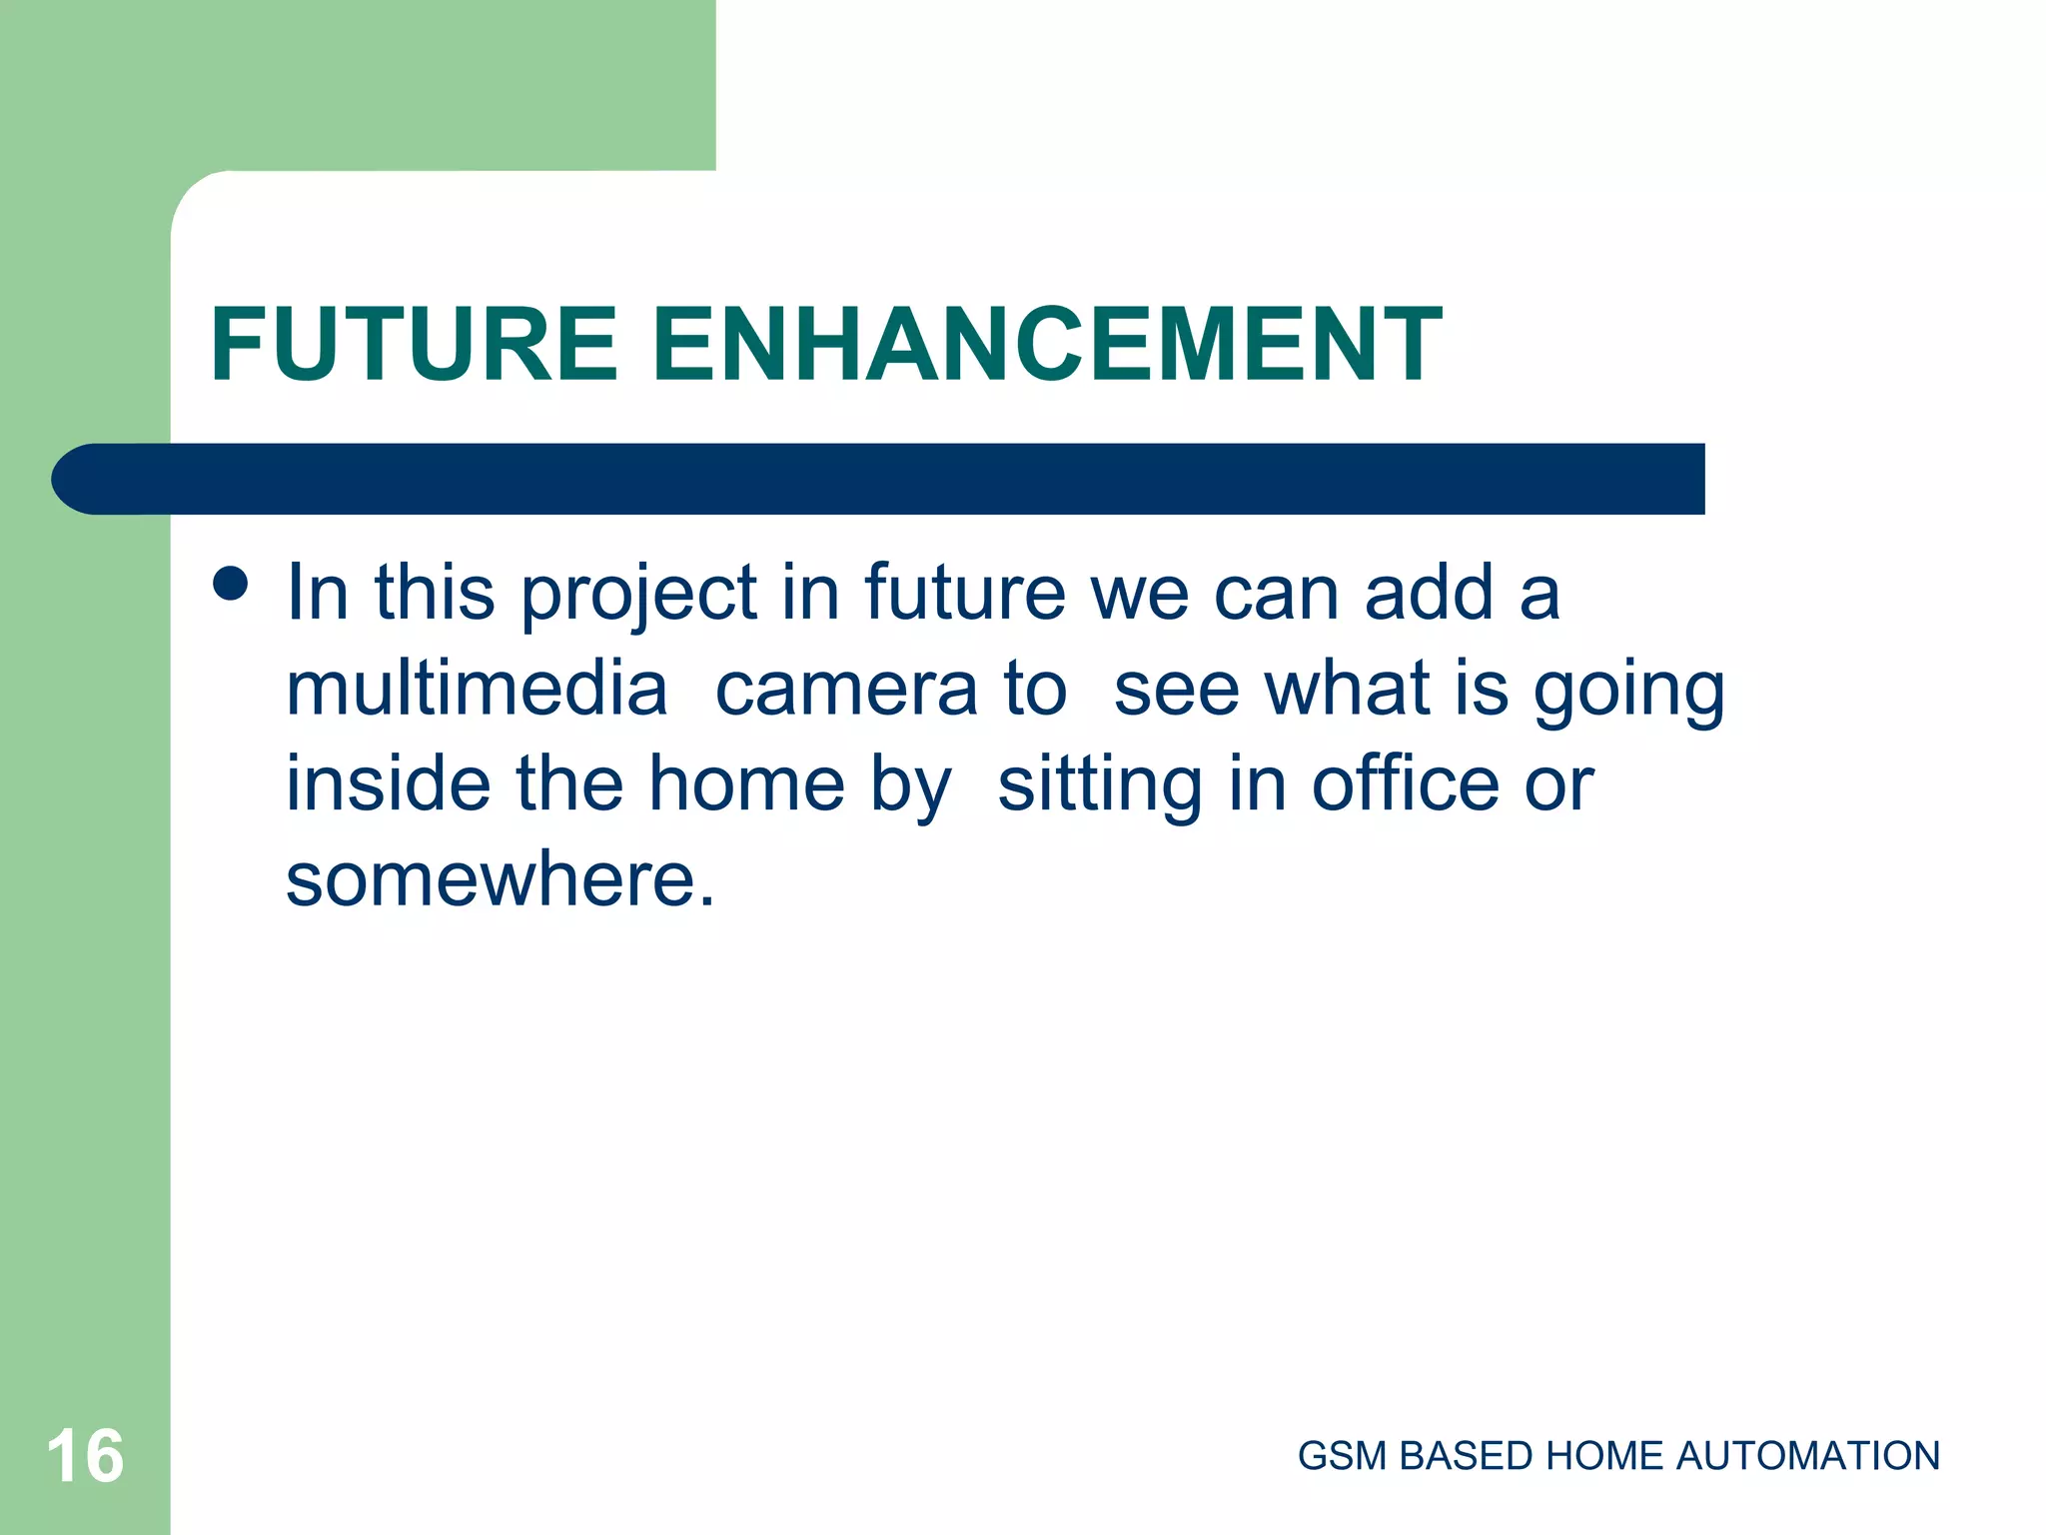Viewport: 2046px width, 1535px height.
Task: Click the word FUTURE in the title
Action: click(414, 345)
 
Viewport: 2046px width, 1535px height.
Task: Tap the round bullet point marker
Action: click(231, 584)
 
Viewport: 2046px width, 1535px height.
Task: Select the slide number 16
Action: click(85, 1457)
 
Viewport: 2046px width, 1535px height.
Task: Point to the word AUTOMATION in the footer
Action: click(1807, 1457)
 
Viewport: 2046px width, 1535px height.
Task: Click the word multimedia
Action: click(477, 690)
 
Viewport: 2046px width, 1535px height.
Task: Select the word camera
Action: click(846, 690)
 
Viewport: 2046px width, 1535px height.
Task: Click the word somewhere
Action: click(500, 880)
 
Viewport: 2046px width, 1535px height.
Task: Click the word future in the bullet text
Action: click(965, 594)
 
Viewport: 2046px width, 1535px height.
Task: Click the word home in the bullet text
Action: click(746, 785)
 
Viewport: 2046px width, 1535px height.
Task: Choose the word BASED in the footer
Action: click(1466, 1457)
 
